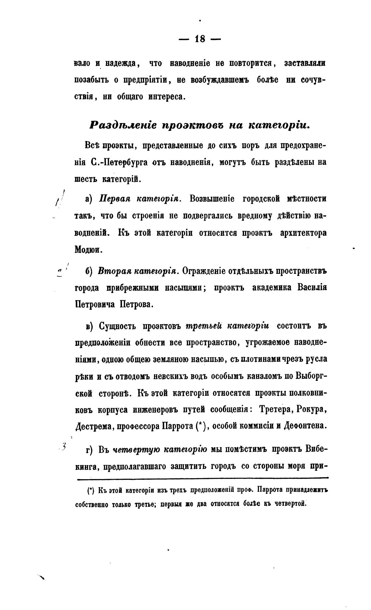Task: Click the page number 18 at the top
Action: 200,39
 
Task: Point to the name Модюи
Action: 84,250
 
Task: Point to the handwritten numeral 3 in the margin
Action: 63,446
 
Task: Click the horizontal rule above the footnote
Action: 202,478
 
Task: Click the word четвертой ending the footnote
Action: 290,504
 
